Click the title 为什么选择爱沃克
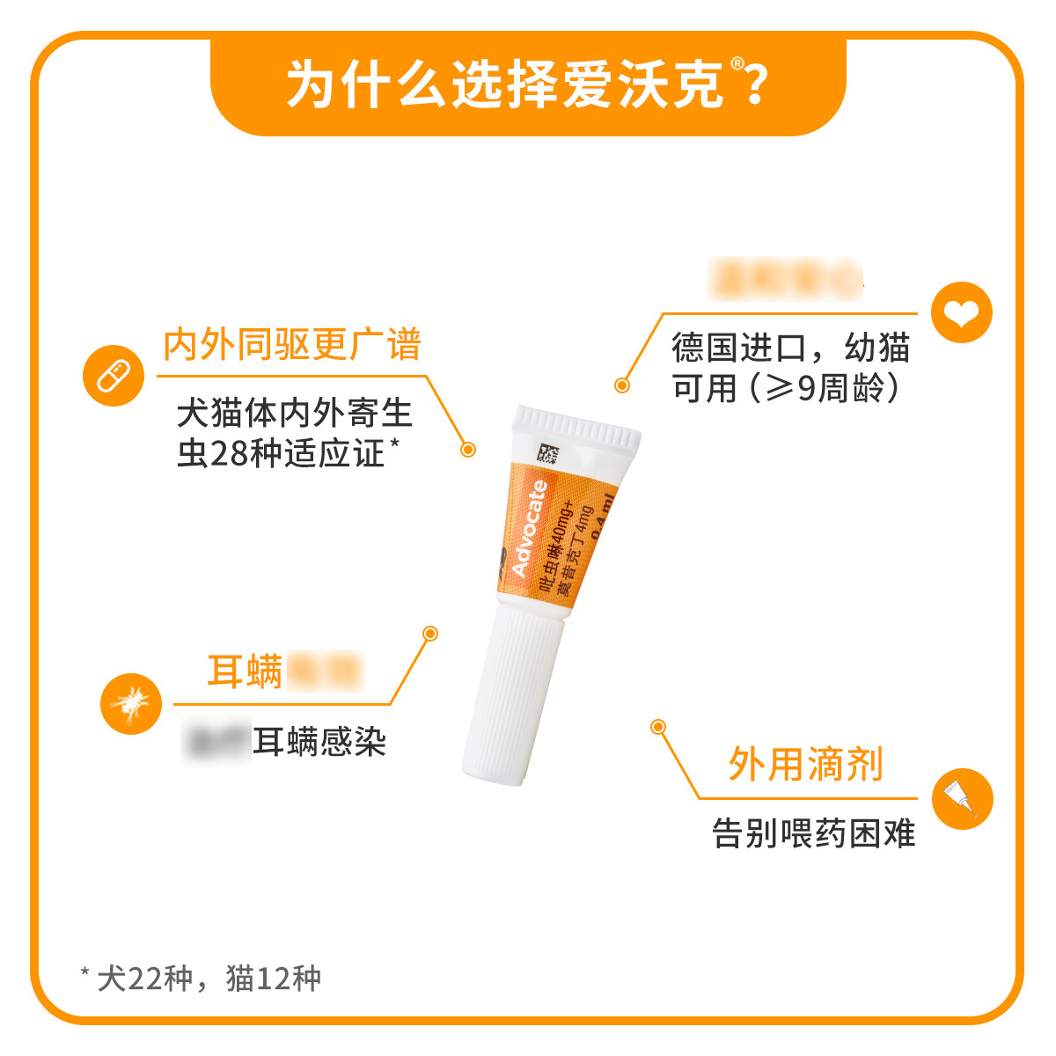click(x=506, y=85)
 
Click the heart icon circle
click(x=961, y=312)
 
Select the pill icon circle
click(x=113, y=376)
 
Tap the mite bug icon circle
click(x=130, y=703)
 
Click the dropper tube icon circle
click(x=961, y=799)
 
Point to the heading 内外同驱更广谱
click(x=292, y=344)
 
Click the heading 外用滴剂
click(x=805, y=764)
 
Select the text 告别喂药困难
click(x=813, y=832)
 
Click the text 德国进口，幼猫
click(x=789, y=348)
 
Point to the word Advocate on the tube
click(x=529, y=528)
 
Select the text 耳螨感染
click(x=319, y=742)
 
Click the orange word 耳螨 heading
click(x=245, y=671)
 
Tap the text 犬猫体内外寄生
click(x=294, y=414)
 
